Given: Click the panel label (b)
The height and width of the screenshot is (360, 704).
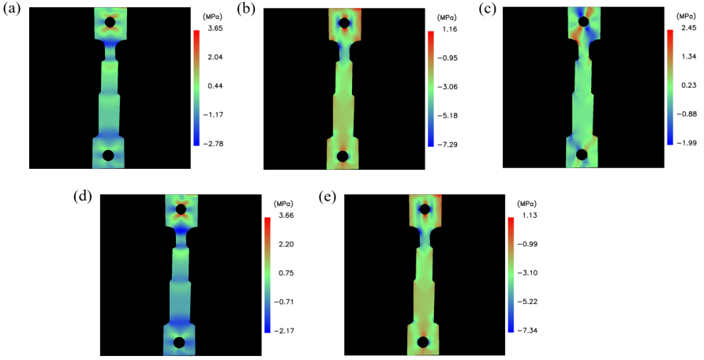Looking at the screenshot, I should coord(249,9).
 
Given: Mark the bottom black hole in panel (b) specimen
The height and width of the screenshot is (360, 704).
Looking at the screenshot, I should coord(343,156).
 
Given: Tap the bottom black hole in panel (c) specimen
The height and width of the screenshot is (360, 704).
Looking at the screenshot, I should coord(582,154).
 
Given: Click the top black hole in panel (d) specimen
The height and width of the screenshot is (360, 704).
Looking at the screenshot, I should coord(181,209).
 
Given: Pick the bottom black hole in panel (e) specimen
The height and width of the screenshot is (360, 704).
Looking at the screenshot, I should coord(423,343).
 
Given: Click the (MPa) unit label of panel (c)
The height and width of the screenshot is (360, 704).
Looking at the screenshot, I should coord(687,15).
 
